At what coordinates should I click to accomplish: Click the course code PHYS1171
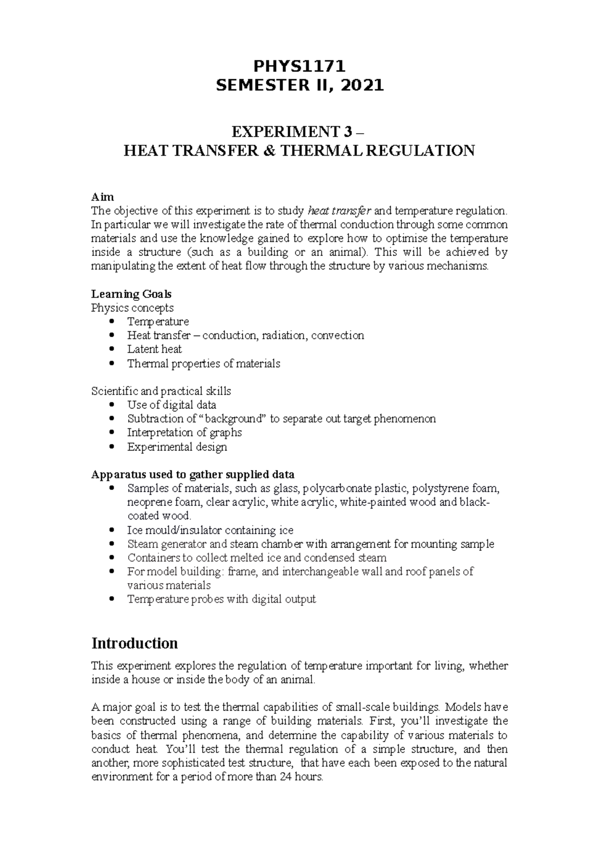tap(299, 66)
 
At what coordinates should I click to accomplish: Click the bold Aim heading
tap(102, 197)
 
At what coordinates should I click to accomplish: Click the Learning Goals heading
tap(131, 294)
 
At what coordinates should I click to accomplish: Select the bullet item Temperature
tap(158, 322)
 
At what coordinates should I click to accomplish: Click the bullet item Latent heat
tap(154, 349)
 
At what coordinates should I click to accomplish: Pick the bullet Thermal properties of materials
tap(203, 364)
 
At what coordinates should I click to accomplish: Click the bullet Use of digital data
tap(171, 405)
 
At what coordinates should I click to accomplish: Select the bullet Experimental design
tap(177, 447)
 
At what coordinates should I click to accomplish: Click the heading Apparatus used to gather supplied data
tap(192, 474)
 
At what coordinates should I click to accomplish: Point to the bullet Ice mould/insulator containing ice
tap(210, 530)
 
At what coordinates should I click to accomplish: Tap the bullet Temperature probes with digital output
tap(221, 599)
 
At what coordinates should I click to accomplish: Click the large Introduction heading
tap(134, 643)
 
